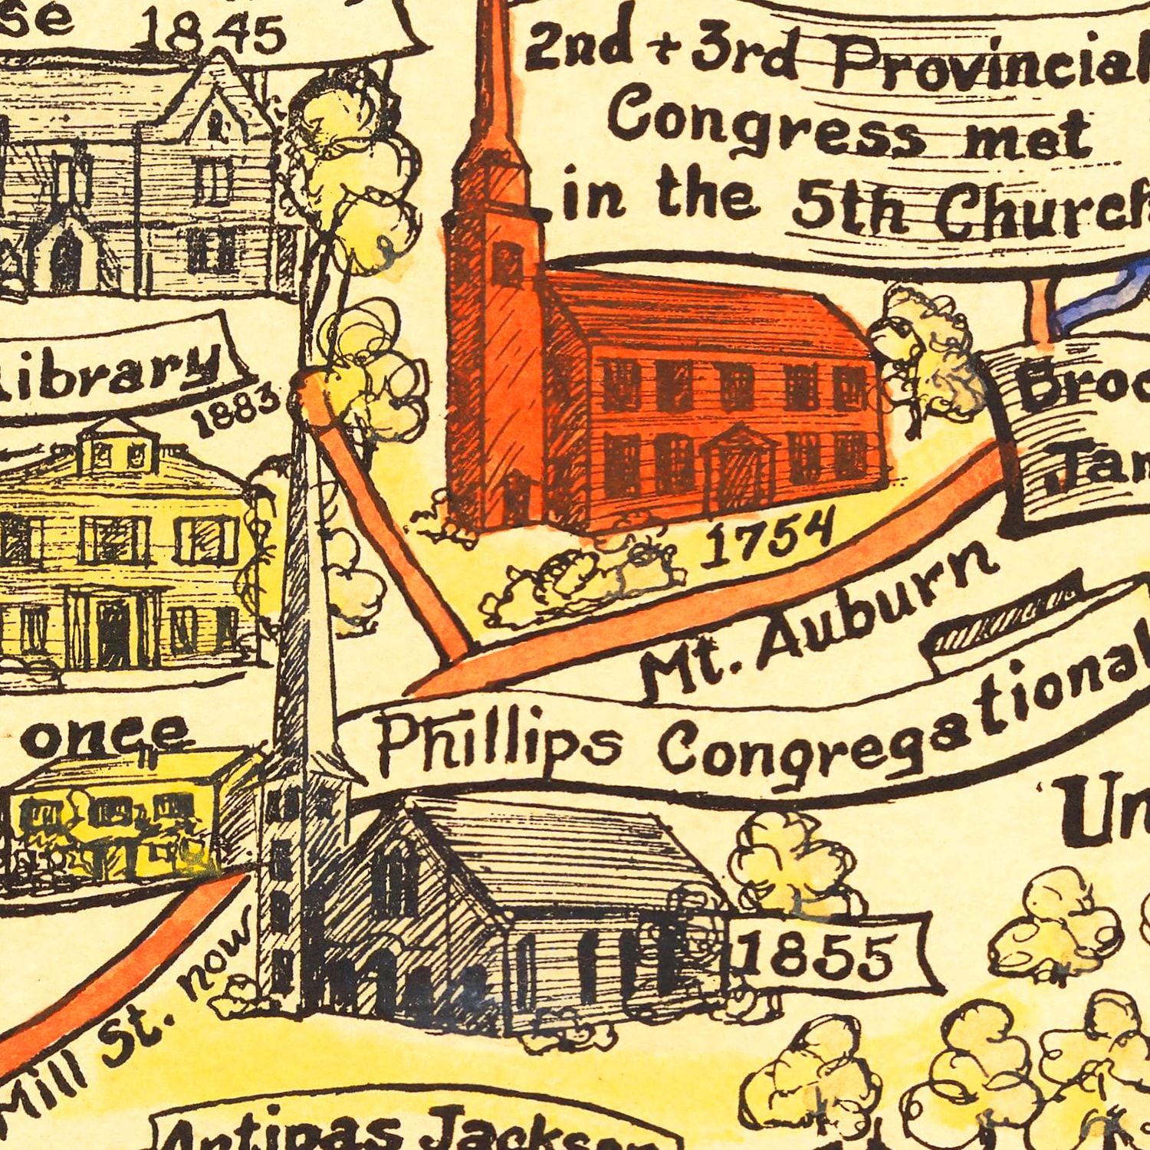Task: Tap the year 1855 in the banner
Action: tap(815, 955)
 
